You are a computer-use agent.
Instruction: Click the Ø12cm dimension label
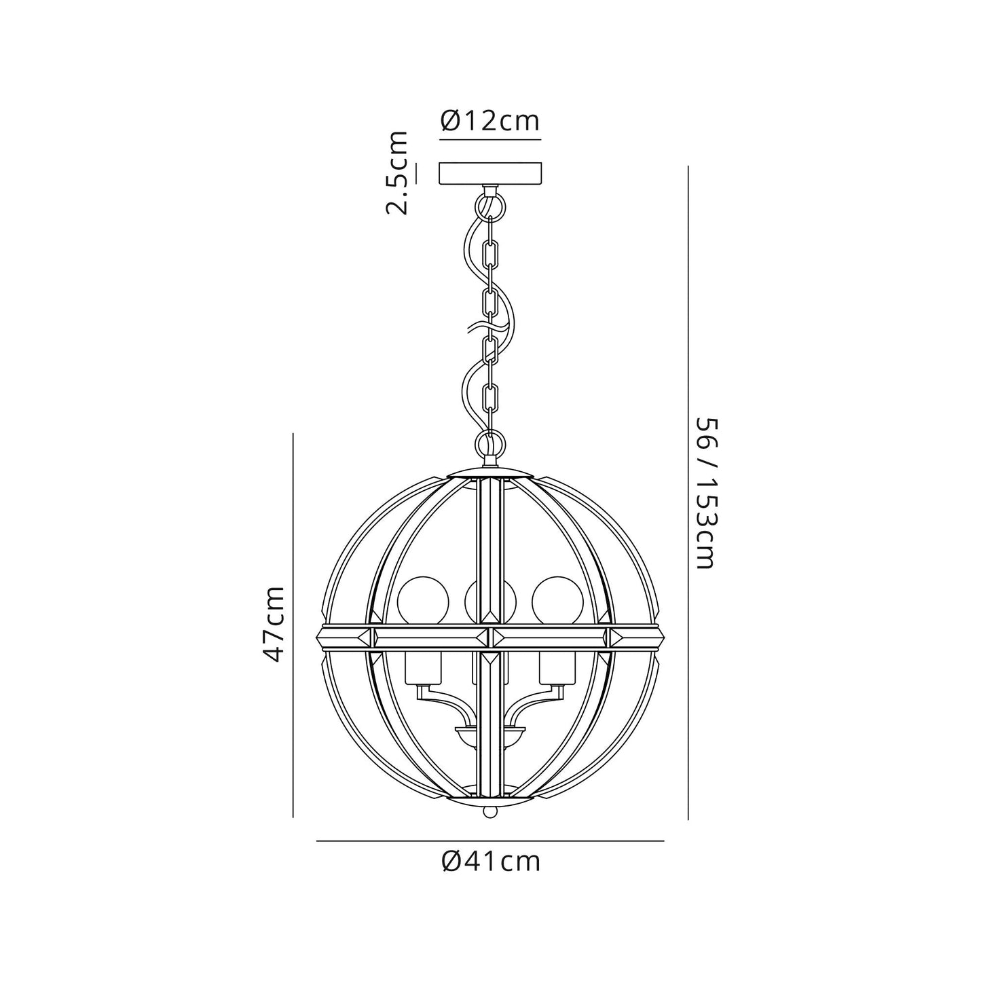pos(490,121)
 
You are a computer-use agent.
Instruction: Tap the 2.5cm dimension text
pos(397,172)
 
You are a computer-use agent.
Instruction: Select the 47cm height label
pos(274,624)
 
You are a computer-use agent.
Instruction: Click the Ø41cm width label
pos(490,861)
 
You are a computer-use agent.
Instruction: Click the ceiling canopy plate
pos(490,173)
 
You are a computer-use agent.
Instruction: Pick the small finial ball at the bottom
pos(490,812)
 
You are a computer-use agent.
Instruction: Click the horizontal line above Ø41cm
pos(490,841)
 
